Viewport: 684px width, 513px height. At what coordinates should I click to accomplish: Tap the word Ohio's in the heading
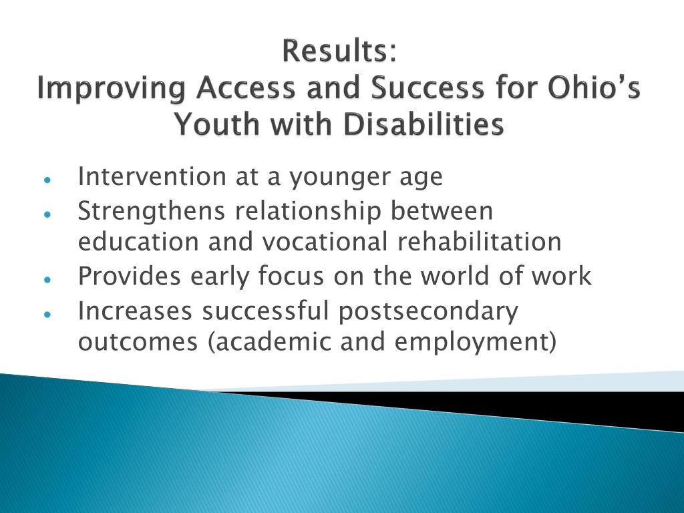(x=594, y=88)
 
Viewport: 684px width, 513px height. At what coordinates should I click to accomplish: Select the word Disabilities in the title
(x=423, y=124)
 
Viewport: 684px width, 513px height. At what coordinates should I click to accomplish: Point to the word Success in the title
(x=427, y=88)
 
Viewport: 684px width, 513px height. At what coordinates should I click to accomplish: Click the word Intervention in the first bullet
(x=152, y=176)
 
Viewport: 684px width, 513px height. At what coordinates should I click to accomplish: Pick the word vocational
(x=325, y=242)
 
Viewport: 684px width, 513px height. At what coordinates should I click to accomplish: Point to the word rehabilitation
(x=479, y=242)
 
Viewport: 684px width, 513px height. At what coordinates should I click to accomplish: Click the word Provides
(x=129, y=276)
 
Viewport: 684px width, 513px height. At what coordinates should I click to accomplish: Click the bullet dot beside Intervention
(x=48, y=179)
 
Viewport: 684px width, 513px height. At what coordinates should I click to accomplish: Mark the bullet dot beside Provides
(x=48, y=279)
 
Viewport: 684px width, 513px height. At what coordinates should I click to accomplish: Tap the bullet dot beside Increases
(x=48, y=314)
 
